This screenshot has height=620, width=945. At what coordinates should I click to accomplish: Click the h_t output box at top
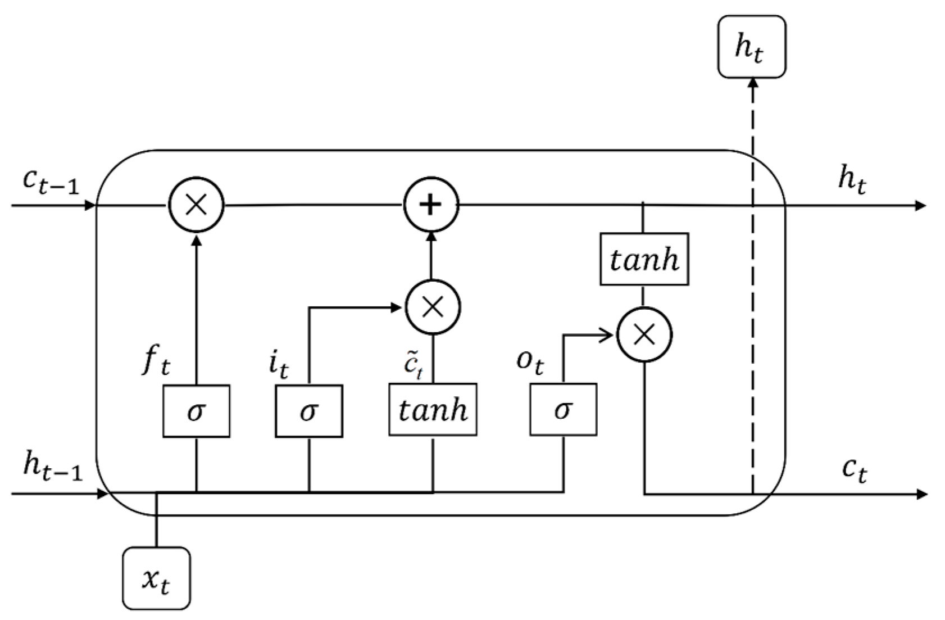coord(752,47)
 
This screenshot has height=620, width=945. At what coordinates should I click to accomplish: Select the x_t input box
coord(156,578)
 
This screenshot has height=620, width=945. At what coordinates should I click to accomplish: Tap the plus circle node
coord(431,205)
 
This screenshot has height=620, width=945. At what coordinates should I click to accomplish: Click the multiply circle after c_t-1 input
coord(196,205)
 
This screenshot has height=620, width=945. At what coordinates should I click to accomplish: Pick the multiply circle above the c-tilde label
coord(433,307)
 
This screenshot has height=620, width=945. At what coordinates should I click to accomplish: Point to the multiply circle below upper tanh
coord(644,335)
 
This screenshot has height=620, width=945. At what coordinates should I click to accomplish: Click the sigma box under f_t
coord(196,411)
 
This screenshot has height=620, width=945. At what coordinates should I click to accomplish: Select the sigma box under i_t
coord(308,411)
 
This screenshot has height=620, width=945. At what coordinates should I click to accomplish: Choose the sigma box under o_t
coord(563,410)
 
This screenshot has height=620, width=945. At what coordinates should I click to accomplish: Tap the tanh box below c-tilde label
coord(433,410)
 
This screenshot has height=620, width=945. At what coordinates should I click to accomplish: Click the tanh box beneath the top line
coord(644,259)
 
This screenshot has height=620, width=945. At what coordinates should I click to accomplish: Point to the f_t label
coord(155,361)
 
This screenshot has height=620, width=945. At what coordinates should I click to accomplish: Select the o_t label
coord(530,361)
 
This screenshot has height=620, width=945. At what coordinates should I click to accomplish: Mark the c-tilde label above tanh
coord(414,366)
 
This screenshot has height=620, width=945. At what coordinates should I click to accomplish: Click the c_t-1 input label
coord(51,181)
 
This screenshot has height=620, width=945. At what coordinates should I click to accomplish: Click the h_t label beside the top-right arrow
coord(852,180)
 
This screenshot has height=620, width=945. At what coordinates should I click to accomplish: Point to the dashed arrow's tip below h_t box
coord(753,82)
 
